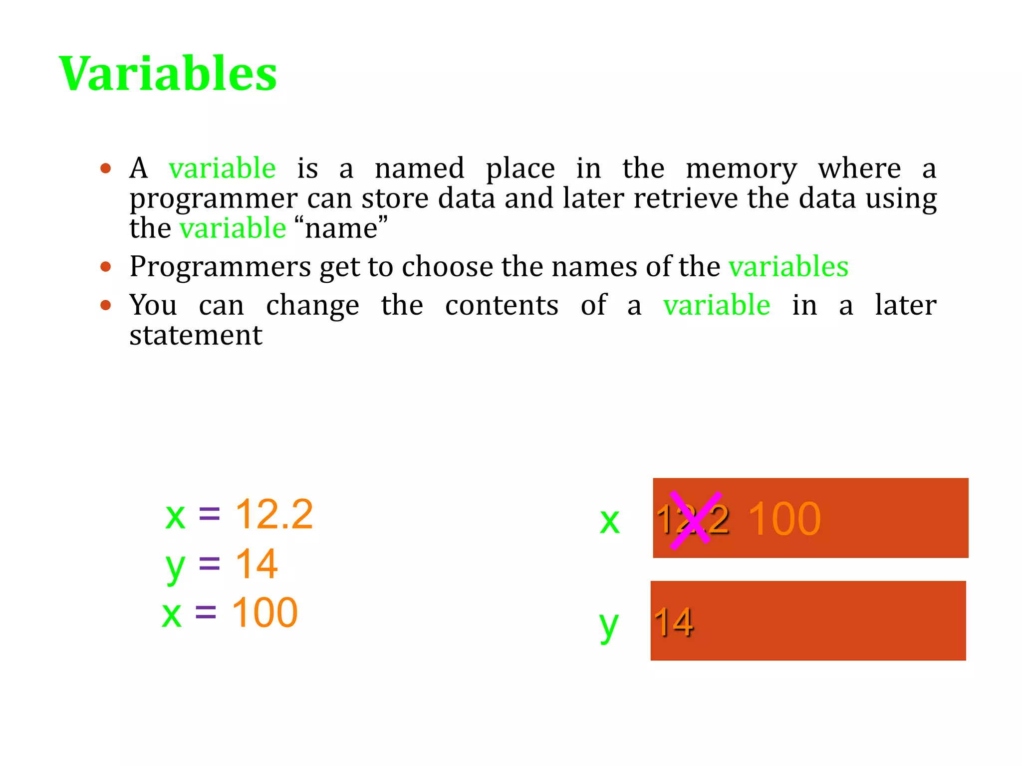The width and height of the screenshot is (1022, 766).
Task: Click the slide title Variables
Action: pyautogui.click(x=168, y=74)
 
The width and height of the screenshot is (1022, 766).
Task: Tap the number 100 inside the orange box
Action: pyautogui.click(x=784, y=520)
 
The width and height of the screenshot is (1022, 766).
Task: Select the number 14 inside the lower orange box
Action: pyautogui.click(x=674, y=622)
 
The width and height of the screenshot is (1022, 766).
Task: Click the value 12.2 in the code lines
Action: pyautogui.click(x=274, y=514)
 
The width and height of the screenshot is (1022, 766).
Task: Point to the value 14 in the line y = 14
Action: pyautogui.click(x=256, y=564)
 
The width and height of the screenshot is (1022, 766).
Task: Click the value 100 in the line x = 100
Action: pyautogui.click(x=264, y=612)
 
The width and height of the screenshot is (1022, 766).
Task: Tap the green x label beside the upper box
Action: pyautogui.click(x=610, y=522)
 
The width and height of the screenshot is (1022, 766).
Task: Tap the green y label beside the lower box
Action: pyautogui.click(x=609, y=624)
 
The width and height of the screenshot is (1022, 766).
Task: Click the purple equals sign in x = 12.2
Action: pyautogui.click(x=209, y=514)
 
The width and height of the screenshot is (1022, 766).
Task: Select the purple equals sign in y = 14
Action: pyautogui.click(x=209, y=564)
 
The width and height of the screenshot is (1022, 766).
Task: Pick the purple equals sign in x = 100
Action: pyautogui.click(x=206, y=612)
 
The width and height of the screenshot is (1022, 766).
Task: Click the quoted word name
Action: pyautogui.click(x=341, y=228)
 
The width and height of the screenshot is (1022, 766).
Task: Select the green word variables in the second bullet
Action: pyautogui.click(x=788, y=266)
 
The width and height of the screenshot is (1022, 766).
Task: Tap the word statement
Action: pyautogui.click(x=196, y=335)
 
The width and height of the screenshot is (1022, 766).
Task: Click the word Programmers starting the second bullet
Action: pyautogui.click(x=220, y=266)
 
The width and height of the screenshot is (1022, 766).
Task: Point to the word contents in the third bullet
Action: pyautogui.click(x=502, y=305)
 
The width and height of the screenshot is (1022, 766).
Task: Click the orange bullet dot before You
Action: pyautogui.click(x=105, y=305)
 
